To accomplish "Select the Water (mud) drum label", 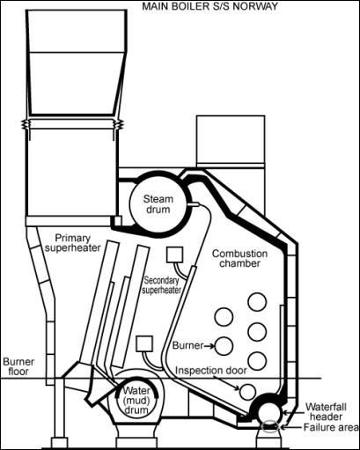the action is point(136,400).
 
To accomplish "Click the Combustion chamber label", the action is point(239,258).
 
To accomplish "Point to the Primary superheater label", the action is point(73,243).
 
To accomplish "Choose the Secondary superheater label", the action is point(161,285).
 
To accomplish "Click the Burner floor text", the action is point(18,366).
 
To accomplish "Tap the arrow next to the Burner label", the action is point(209,346).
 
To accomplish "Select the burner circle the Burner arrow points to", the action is point(224,346).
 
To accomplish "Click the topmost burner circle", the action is point(257,302).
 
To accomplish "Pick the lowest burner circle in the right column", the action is point(257,361).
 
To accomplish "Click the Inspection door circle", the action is point(247,392).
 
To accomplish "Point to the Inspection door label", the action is point(211,371).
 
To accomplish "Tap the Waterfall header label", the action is point(326,411).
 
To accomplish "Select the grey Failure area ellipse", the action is point(270,426).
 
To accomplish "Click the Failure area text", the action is point(331,427).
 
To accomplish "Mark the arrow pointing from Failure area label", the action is point(291,427).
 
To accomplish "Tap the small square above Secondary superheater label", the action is point(175,255).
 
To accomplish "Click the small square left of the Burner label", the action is point(144,344).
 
